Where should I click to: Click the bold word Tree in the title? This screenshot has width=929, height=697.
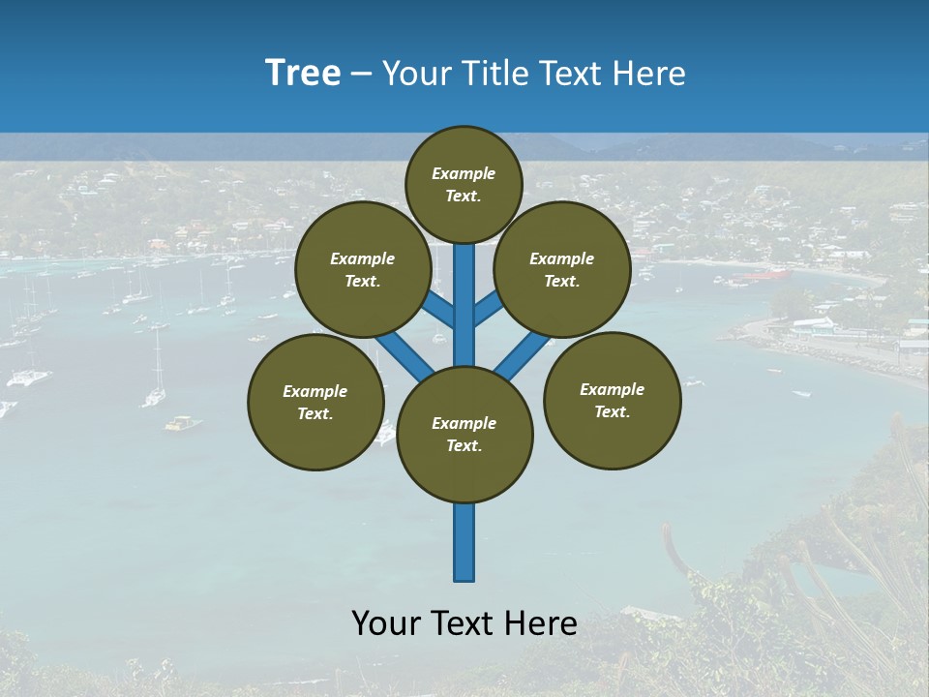point(303,74)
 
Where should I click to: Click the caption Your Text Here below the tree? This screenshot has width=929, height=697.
point(464,623)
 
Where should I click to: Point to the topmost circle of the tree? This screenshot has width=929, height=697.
point(464,184)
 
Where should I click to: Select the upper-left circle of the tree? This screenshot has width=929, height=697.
point(363,270)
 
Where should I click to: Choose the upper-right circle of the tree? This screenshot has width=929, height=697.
point(562,270)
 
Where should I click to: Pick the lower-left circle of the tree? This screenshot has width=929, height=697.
point(315,402)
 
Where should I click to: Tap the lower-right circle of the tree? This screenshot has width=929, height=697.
point(613,400)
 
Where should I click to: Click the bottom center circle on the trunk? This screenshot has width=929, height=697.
point(464,435)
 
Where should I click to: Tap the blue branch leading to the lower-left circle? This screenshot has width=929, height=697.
point(405,354)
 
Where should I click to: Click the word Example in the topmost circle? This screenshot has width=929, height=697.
point(464,174)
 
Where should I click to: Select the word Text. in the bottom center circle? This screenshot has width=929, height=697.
point(464,446)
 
